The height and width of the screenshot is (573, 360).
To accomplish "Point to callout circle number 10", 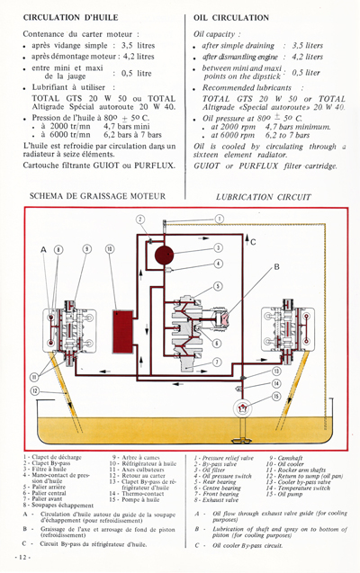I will click(109, 248).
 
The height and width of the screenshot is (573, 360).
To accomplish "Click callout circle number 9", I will click(86, 248).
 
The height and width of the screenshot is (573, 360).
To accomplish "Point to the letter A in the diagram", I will click(43, 248).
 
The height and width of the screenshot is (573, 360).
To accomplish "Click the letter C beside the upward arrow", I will click(253, 242).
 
